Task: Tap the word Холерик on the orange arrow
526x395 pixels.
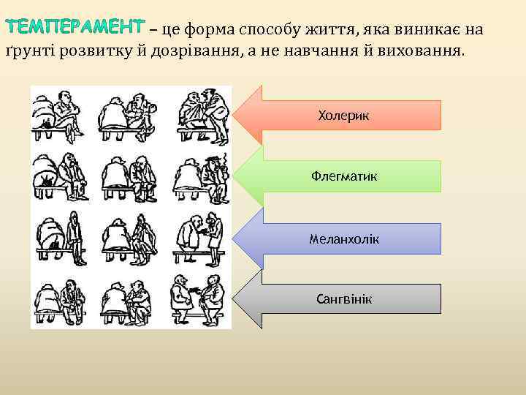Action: coord(343,116)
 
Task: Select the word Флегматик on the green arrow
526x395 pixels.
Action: coord(343,176)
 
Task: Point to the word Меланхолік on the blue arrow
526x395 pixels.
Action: coord(343,239)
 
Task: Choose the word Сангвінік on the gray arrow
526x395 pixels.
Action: coord(343,299)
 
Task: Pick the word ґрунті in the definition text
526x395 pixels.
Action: coord(30,53)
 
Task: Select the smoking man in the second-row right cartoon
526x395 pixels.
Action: coord(213,176)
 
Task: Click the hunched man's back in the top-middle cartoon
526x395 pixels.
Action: coord(113,113)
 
